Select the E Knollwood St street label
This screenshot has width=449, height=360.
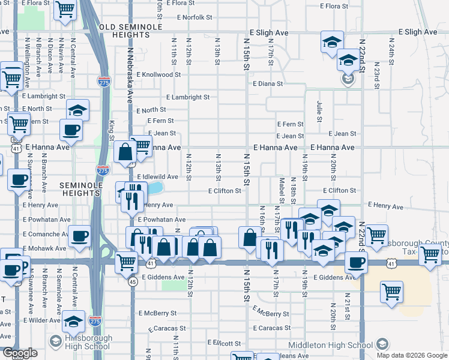(158, 75)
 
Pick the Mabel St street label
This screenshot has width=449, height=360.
(282, 190)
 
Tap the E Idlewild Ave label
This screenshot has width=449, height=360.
(158, 177)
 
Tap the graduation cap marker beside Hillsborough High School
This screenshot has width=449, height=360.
(74, 322)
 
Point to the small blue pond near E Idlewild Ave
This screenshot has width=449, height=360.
(157, 188)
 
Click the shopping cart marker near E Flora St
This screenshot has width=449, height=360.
(65, 9)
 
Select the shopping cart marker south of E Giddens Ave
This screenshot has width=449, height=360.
(391, 292)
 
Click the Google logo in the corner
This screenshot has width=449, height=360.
(20, 353)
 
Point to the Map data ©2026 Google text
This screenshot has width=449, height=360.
(412, 355)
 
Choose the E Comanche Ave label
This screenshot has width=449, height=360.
(46, 234)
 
